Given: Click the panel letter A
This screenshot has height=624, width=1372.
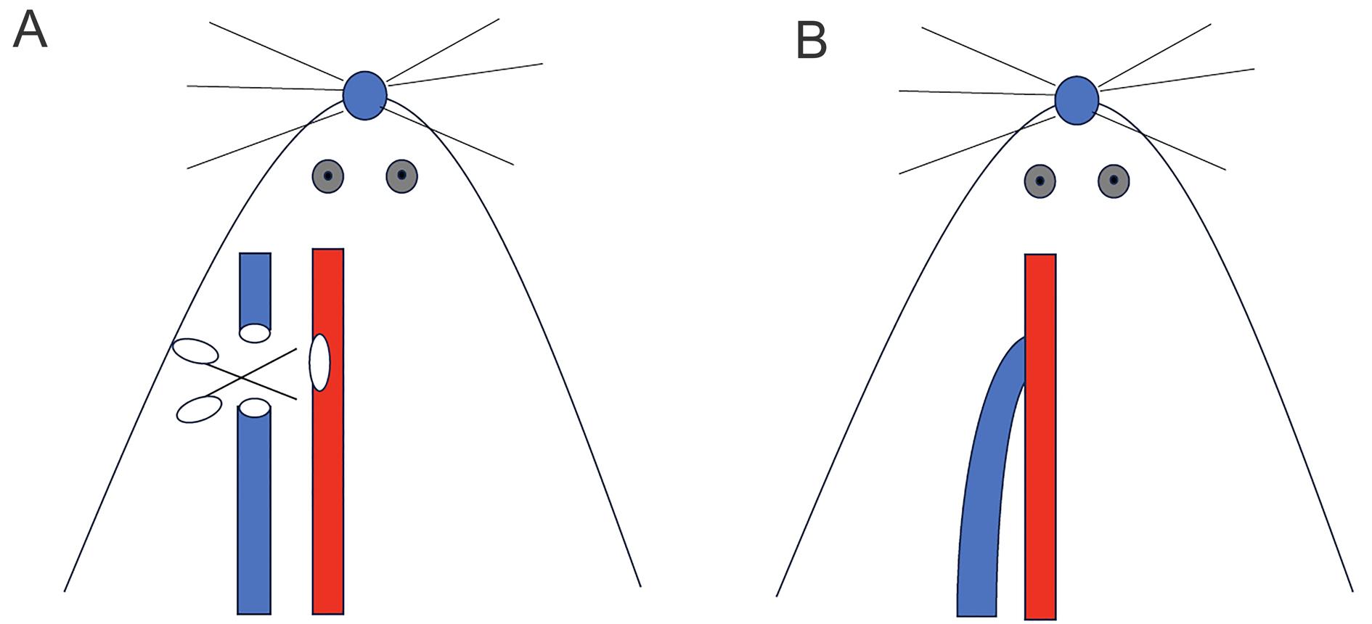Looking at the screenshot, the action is (x=30, y=31).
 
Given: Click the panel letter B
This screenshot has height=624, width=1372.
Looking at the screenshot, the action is (x=812, y=41).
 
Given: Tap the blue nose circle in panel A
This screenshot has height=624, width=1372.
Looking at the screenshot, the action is (x=364, y=95).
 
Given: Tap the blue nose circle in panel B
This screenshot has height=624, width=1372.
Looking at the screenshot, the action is (x=1077, y=100).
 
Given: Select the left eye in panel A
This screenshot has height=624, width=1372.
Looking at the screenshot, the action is (x=327, y=176).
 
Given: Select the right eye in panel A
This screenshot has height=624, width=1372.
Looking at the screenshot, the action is (x=401, y=176).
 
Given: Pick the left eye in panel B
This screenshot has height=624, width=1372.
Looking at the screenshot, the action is (x=1040, y=181).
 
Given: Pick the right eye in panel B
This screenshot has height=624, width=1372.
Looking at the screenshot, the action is (x=1114, y=181).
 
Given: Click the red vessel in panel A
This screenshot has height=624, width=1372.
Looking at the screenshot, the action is (x=328, y=431).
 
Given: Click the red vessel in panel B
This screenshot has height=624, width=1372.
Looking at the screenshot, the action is (x=1040, y=436).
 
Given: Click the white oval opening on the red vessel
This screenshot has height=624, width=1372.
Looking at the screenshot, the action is (x=319, y=363).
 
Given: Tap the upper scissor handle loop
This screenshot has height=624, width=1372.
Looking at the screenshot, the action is (x=195, y=350).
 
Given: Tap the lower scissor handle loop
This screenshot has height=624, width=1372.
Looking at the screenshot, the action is (x=199, y=409).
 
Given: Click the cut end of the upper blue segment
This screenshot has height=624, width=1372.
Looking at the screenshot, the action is (x=255, y=333).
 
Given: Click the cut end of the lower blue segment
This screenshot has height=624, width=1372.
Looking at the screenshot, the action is (x=255, y=408).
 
